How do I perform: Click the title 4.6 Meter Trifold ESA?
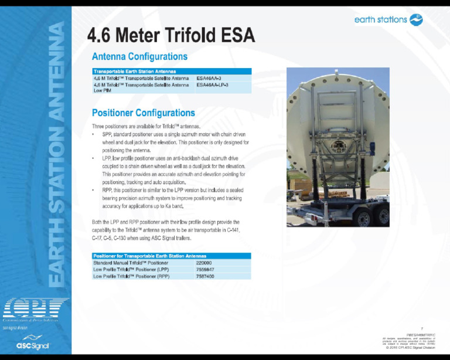click(171, 36)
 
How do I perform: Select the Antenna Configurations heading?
click(139, 57)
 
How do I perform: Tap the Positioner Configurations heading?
click(144, 113)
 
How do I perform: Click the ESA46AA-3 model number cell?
click(209, 78)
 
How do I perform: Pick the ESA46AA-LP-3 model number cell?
click(212, 85)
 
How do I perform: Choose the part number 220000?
click(204, 263)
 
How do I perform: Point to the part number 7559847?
click(205, 270)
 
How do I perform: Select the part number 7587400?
click(205, 276)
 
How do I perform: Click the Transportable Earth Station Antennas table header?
click(135, 72)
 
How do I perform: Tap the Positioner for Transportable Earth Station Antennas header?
click(149, 256)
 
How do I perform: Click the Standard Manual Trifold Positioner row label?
click(131, 263)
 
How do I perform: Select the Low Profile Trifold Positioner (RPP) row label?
click(131, 276)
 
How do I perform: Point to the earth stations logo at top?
click(388, 20)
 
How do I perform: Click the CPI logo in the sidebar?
click(35, 310)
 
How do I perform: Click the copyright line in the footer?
click(411, 348)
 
